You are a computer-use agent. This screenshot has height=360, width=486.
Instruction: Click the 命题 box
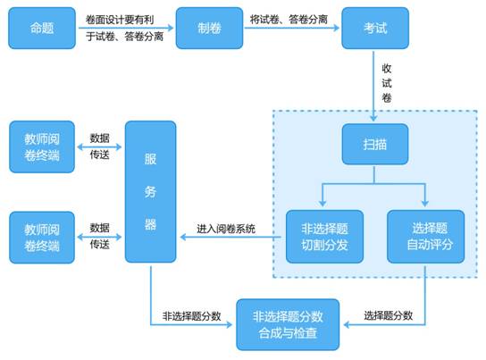click(42, 28)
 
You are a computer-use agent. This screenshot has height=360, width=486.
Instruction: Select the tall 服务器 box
click(150, 191)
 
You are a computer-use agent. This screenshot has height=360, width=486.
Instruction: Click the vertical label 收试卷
click(387, 83)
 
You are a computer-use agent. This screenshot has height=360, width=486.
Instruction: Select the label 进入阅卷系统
click(227, 230)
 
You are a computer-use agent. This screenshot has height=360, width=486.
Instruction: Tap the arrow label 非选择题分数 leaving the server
click(192, 315)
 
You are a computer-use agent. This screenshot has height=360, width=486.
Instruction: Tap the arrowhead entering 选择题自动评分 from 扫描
click(425, 202)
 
